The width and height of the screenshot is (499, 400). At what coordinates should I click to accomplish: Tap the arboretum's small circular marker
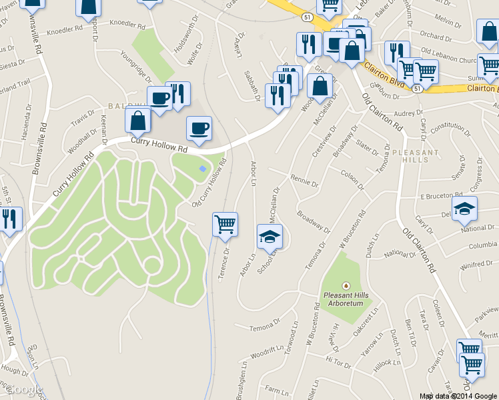(x=345, y=285)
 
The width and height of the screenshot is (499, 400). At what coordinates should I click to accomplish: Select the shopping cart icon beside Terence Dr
(x=225, y=224)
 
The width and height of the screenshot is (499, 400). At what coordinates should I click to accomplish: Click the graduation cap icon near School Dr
(x=270, y=236)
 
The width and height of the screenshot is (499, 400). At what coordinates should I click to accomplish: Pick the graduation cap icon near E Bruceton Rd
(x=464, y=209)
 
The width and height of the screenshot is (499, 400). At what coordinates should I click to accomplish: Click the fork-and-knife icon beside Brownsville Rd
(x=9, y=219)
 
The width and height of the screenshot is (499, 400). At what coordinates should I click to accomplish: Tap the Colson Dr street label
(x=353, y=175)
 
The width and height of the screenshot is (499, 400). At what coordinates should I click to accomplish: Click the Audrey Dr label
(x=409, y=114)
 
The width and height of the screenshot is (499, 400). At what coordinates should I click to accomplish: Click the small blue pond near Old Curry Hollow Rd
(x=203, y=167)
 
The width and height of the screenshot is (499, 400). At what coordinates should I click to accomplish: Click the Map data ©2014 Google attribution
(x=458, y=396)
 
